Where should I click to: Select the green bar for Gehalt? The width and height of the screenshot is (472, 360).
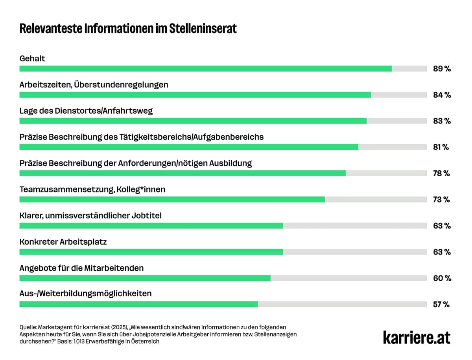click(x=205, y=68)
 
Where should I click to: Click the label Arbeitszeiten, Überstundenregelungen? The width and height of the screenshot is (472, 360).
click(x=94, y=85)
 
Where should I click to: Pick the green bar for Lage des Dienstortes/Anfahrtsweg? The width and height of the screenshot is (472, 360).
click(x=193, y=121)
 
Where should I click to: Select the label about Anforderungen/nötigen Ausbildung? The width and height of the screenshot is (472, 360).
click(x=136, y=163)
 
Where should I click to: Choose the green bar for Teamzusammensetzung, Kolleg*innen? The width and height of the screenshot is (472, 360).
click(x=172, y=199)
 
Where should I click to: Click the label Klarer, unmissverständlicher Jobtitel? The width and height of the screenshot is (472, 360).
click(x=90, y=216)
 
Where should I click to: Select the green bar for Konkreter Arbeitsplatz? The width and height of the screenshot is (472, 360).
click(x=151, y=252)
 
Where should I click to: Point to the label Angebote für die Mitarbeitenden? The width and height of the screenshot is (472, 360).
click(x=81, y=268)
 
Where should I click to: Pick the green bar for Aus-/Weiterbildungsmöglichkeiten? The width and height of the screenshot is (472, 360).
click(x=138, y=304)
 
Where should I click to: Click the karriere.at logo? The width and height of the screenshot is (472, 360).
click(x=417, y=337)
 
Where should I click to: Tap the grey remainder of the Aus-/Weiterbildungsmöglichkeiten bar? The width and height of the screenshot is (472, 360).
click(x=342, y=304)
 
